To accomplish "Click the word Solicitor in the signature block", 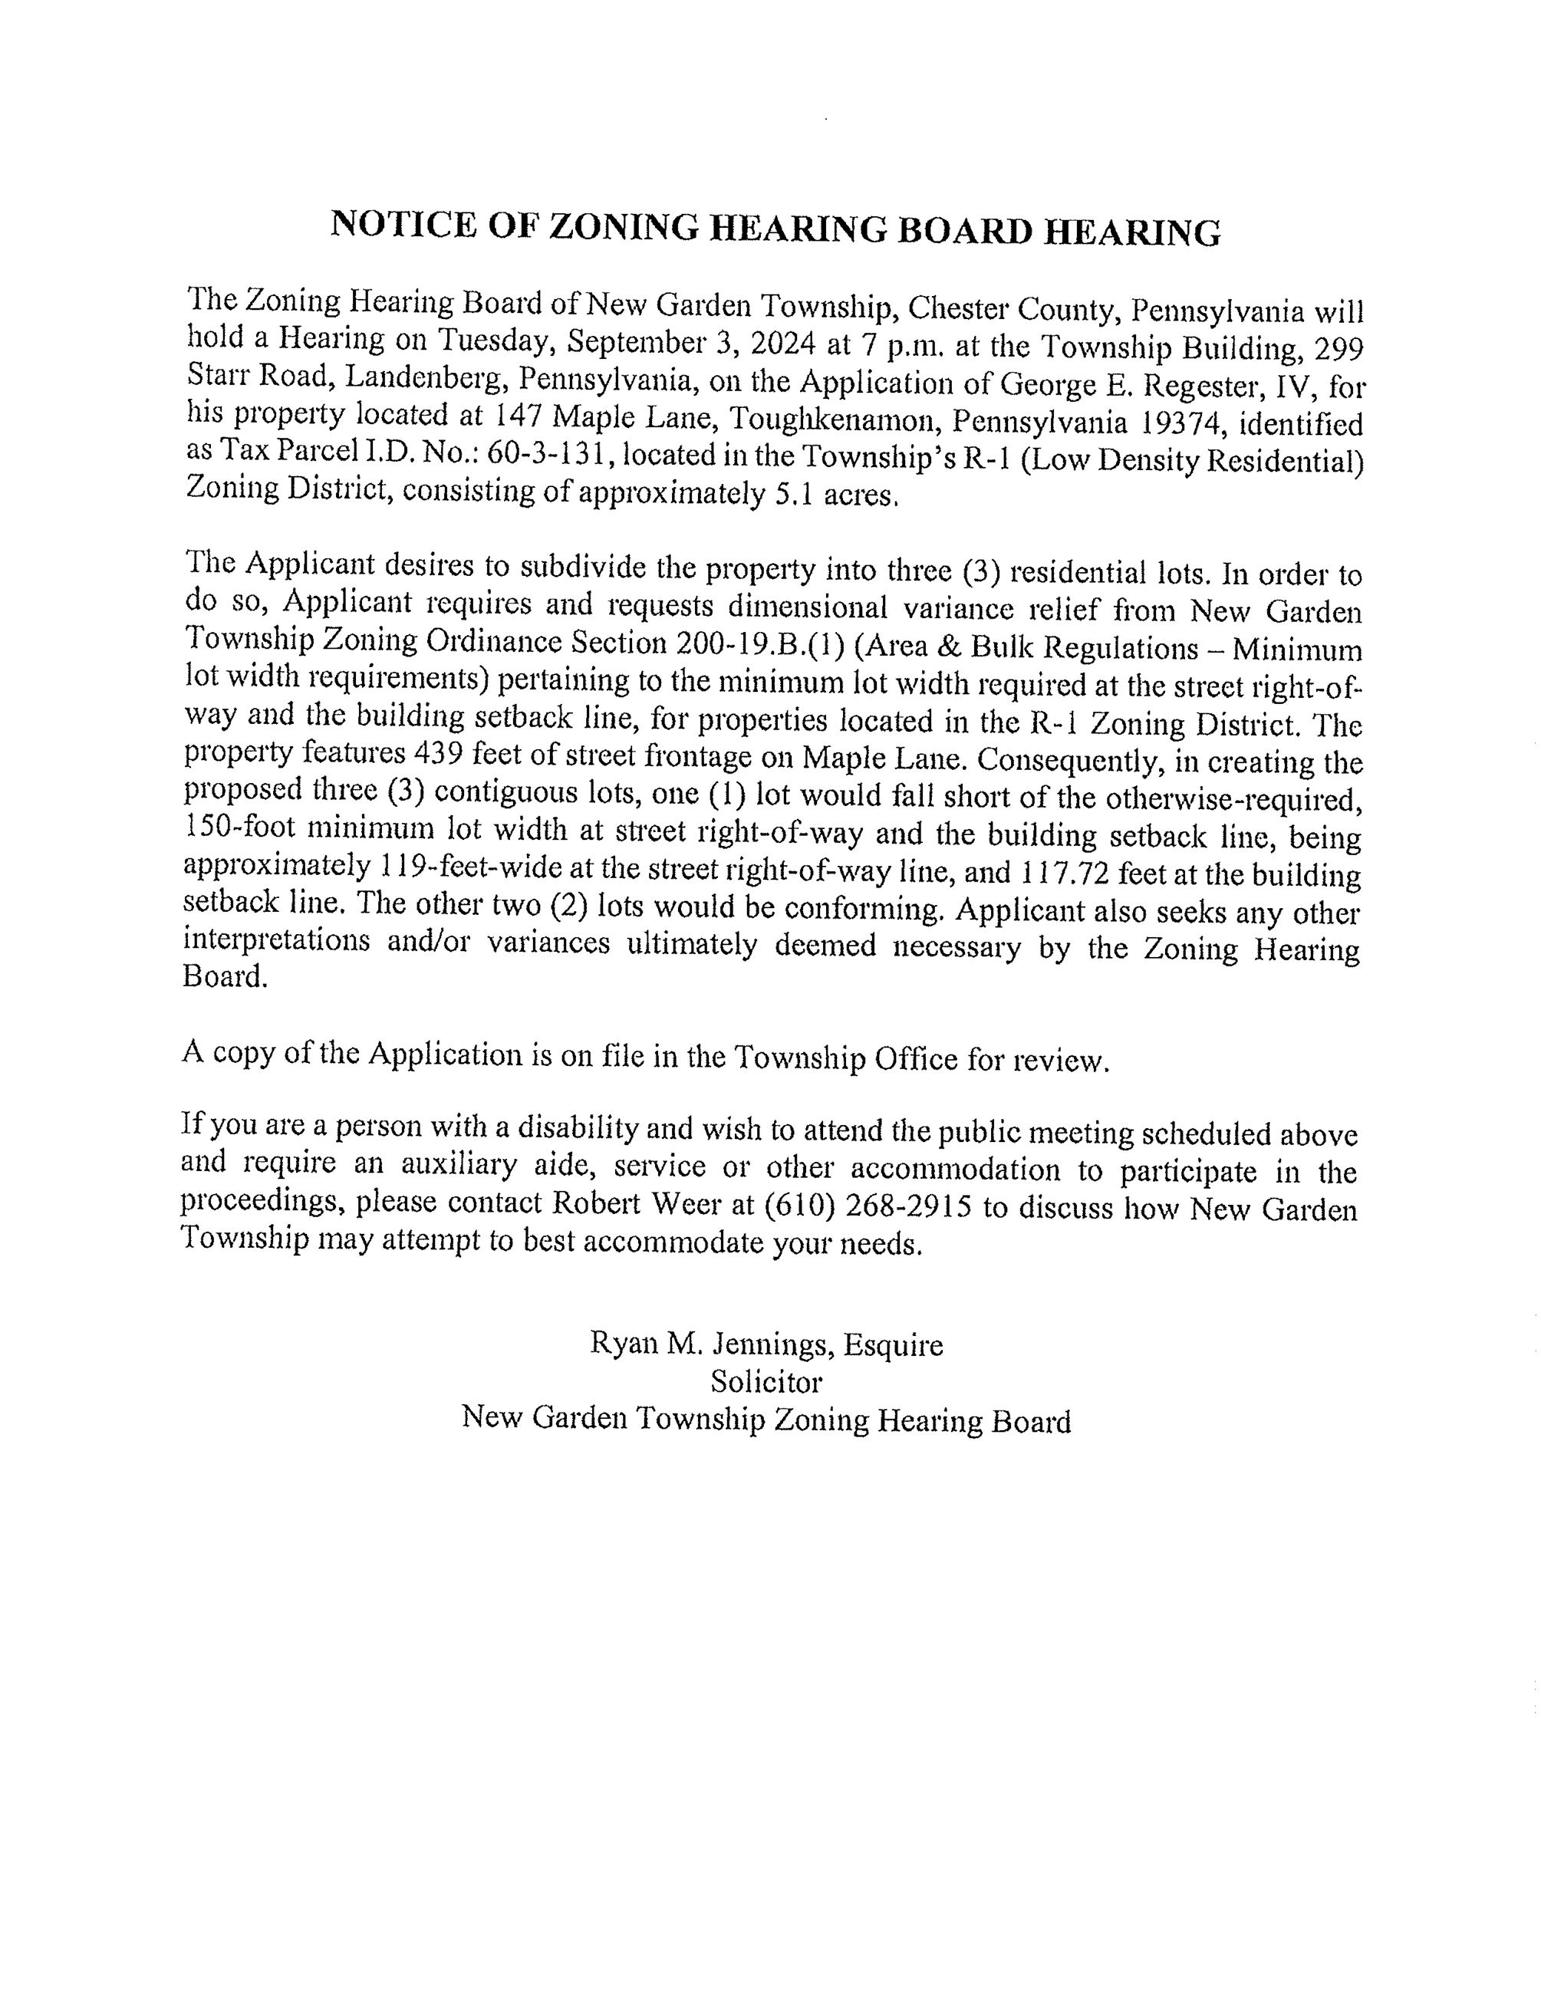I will point(766,1381).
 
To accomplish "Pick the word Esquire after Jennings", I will point(892,1345).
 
